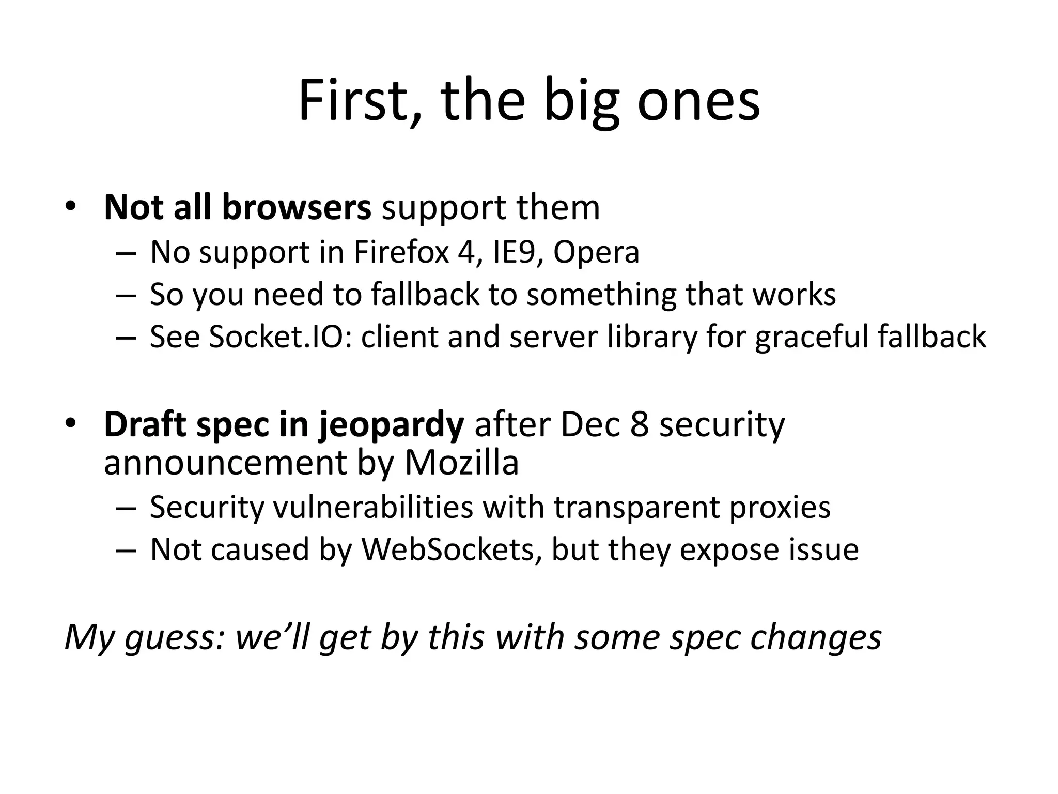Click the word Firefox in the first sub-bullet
click(401, 252)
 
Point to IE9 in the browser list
click(518, 252)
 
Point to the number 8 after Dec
click(639, 425)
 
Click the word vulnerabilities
click(372, 507)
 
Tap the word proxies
click(780, 508)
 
